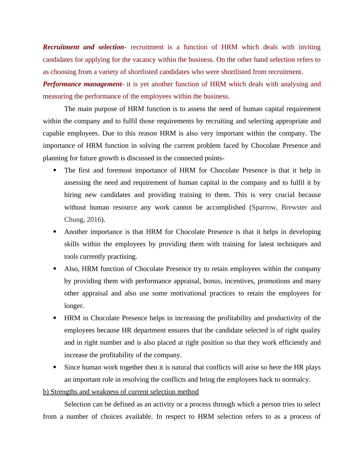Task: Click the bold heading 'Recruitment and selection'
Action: (83, 47)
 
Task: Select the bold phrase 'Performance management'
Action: (82, 84)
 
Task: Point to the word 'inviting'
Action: (310, 47)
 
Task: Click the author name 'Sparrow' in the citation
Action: (264, 207)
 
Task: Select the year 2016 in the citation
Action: (94, 220)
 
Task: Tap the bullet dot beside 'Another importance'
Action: (55, 232)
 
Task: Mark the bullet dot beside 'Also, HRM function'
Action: (55, 269)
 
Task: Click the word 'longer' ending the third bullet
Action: (73, 306)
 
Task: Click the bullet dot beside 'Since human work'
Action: (55, 367)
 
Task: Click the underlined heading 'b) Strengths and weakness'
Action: (121, 392)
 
